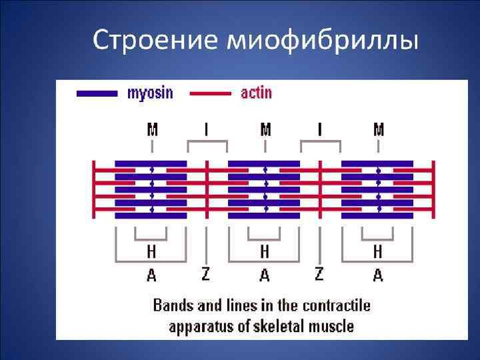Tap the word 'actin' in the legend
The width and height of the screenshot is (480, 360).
[x=257, y=93]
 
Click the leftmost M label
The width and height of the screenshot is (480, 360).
[x=152, y=129]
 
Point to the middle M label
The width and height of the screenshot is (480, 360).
[x=265, y=129]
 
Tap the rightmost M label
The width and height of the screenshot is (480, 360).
[x=379, y=129]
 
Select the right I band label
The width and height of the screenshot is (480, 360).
[x=321, y=129]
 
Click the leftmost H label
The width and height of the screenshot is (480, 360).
[x=152, y=252]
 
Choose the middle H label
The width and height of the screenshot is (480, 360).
[x=265, y=252]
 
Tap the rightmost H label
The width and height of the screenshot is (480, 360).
[x=378, y=252]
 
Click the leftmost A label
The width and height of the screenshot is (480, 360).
[x=152, y=275]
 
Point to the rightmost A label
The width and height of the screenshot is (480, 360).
[x=378, y=275]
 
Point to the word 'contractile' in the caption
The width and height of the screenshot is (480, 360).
[x=337, y=306]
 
